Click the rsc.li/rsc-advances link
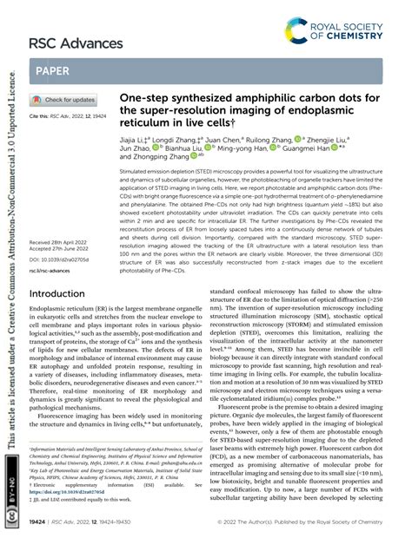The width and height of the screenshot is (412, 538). coord(53,270)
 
